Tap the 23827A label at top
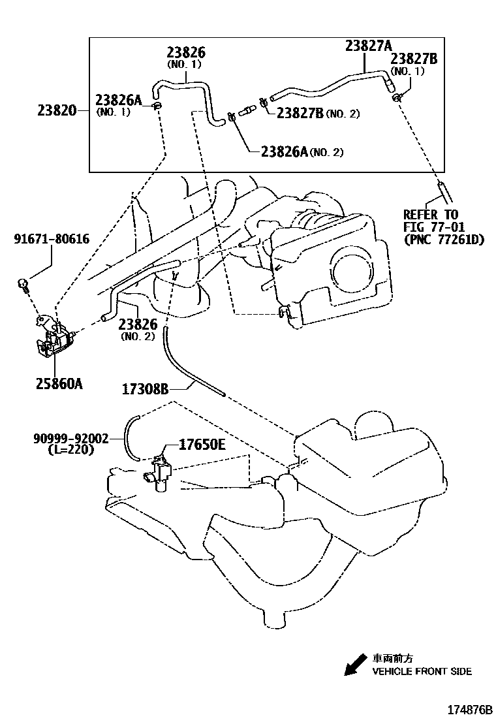pyautogui.click(x=368, y=45)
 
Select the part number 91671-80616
pyautogui.click(x=52, y=240)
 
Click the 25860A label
pyautogui.click(x=59, y=384)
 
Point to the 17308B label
pyautogui.click(x=145, y=390)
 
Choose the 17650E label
pyautogui.click(x=202, y=445)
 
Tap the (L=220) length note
pyautogui.click(x=71, y=450)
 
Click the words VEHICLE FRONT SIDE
pyautogui.click(x=422, y=671)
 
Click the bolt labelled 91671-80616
pyautogui.click(x=23, y=284)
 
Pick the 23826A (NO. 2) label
pyautogui.click(x=301, y=152)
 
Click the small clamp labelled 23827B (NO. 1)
pyautogui.click(x=397, y=98)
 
